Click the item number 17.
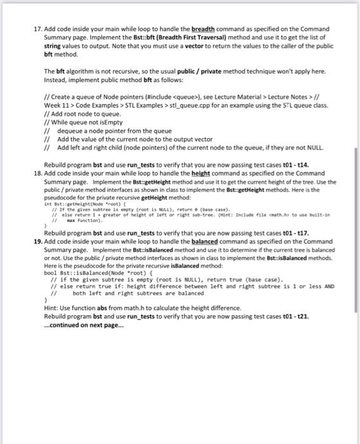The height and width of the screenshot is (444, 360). [x=39, y=29]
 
